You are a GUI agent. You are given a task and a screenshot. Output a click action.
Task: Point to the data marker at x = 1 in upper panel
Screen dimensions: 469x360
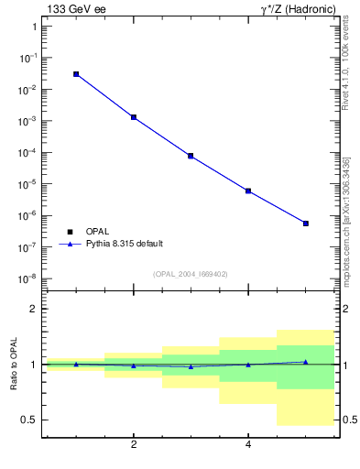click(x=76, y=74)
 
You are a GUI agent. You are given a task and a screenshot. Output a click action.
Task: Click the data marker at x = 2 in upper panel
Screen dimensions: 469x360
click(x=134, y=117)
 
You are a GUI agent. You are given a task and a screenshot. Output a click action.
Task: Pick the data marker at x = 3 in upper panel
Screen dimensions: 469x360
click(x=191, y=156)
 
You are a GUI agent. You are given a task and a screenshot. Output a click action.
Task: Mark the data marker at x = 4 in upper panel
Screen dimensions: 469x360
click(x=248, y=191)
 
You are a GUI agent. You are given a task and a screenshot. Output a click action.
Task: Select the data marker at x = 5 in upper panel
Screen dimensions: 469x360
click(x=306, y=224)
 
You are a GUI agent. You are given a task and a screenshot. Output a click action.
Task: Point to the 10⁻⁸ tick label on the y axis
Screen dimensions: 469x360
click(x=27, y=278)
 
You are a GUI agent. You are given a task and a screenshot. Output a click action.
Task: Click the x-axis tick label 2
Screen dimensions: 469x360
click(x=134, y=445)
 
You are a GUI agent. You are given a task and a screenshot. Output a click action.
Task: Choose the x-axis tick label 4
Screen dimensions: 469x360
click(x=248, y=445)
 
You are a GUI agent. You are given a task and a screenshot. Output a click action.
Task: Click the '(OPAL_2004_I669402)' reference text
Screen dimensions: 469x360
click(x=191, y=273)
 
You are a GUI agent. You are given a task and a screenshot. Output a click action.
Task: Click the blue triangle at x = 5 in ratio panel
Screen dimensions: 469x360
click(x=306, y=362)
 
